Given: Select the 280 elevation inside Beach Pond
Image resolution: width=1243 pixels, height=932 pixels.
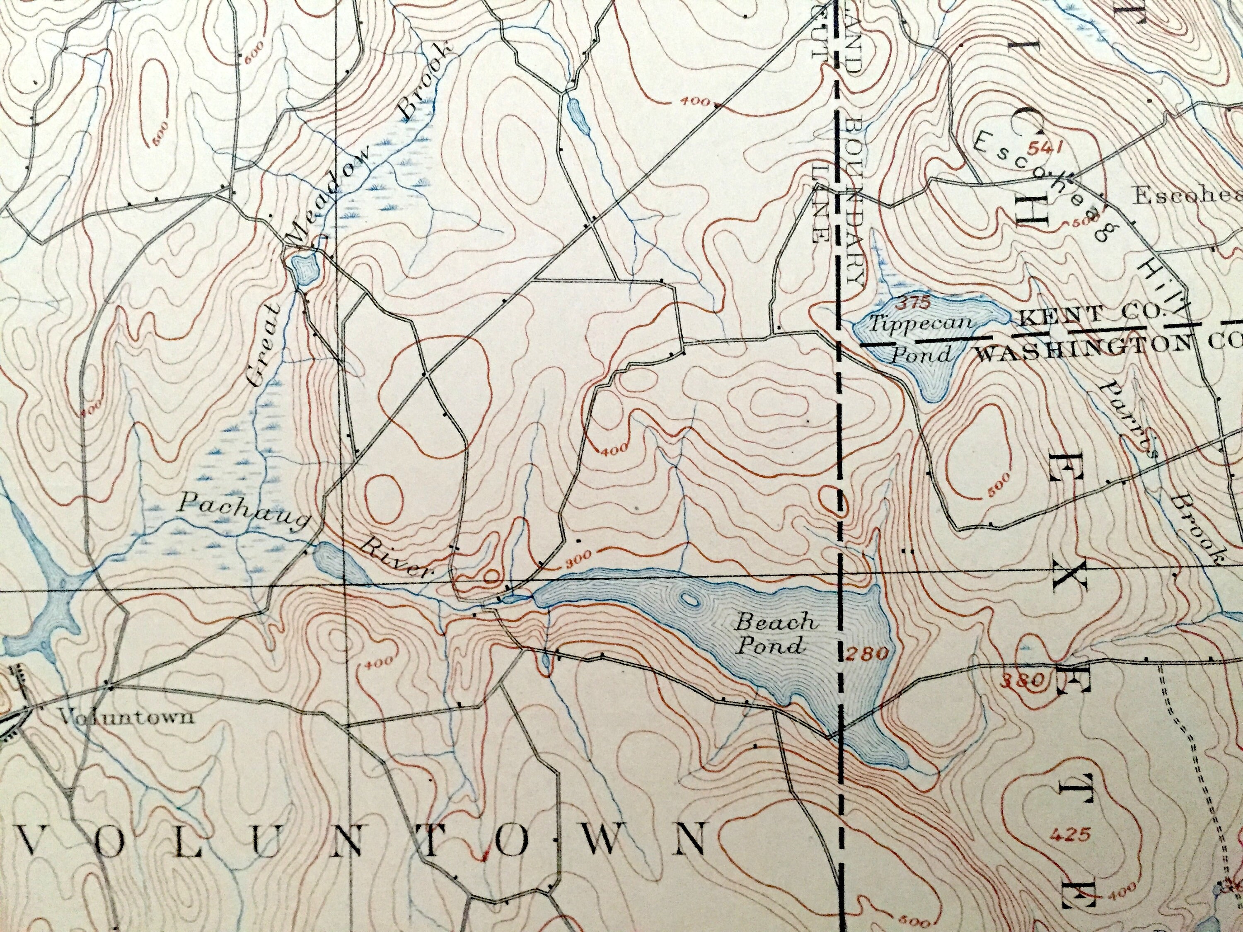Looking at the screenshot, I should click(868, 653).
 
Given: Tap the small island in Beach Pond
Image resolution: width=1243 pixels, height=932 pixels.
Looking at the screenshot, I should click(690, 601).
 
